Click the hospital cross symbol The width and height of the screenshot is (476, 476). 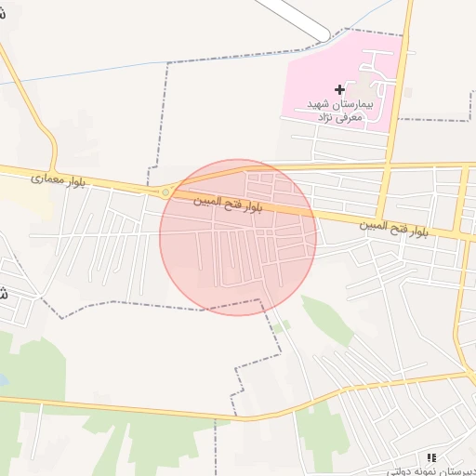point(339,90)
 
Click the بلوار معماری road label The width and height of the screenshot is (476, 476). point(58,178)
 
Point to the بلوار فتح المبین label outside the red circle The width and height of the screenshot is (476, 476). point(394,226)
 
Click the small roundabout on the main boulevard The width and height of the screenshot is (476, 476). point(165,192)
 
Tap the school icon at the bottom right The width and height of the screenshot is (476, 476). point(430,456)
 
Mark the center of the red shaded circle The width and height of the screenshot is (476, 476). point(238,237)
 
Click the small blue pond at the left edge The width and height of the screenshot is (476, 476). point(3,380)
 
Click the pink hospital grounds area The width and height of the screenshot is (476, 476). point(316,65)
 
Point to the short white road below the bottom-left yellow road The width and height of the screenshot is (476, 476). point(39,437)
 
